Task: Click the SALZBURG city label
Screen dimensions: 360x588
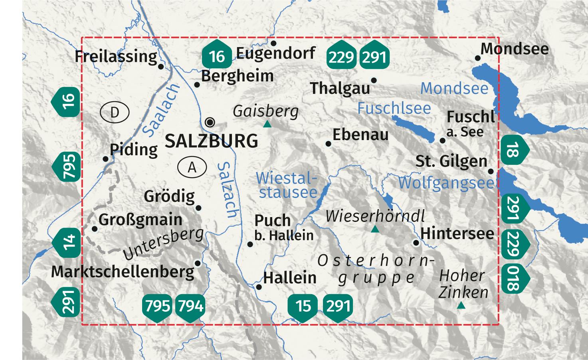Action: [x=211, y=141]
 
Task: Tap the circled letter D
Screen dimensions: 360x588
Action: [x=115, y=113]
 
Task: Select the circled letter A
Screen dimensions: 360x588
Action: [x=192, y=167]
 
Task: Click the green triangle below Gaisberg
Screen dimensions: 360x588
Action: [x=267, y=125]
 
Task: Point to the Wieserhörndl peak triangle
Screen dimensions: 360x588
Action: [x=374, y=229]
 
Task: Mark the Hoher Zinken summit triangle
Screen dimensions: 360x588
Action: [x=461, y=306]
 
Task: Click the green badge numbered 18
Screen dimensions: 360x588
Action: [x=514, y=151]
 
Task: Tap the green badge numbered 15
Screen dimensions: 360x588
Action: [x=303, y=307]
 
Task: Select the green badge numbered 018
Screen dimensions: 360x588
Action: [x=514, y=278]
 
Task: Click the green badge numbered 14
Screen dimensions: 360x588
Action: [x=67, y=242]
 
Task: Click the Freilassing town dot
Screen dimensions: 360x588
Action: [x=161, y=67]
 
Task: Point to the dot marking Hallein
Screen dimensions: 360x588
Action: [x=259, y=287]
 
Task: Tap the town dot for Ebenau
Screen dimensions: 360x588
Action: [x=329, y=144]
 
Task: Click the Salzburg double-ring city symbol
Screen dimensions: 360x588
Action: [x=210, y=122]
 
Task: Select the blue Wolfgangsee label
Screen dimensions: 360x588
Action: [x=446, y=183]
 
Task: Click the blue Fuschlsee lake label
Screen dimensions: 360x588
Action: [x=394, y=108]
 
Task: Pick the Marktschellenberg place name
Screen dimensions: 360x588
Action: [x=123, y=272]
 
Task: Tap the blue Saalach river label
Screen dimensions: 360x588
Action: [x=161, y=109]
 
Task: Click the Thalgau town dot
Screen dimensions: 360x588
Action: [x=374, y=81]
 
